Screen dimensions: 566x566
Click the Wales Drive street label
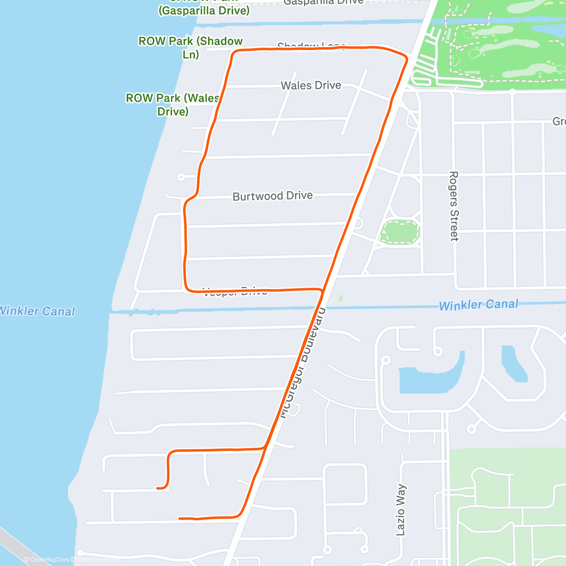(x=311, y=85)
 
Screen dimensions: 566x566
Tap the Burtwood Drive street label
(x=272, y=196)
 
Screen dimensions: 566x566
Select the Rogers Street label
(x=454, y=206)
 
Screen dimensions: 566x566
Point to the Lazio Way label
(x=400, y=509)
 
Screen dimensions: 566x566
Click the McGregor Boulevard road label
(x=302, y=363)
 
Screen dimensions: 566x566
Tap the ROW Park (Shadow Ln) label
(x=191, y=48)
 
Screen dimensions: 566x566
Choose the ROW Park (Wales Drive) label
(x=173, y=105)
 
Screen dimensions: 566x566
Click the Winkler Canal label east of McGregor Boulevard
(x=478, y=305)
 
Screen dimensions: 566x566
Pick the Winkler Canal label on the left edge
(x=37, y=311)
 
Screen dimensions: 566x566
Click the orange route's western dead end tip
(x=158, y=488)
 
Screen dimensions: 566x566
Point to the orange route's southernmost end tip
(x=180, y=518)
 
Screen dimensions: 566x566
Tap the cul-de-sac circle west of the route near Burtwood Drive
(x=181, y=177)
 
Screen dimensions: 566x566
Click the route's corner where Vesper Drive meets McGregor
(x=322, y=291)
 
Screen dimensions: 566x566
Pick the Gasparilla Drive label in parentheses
(x=204, y=10)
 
